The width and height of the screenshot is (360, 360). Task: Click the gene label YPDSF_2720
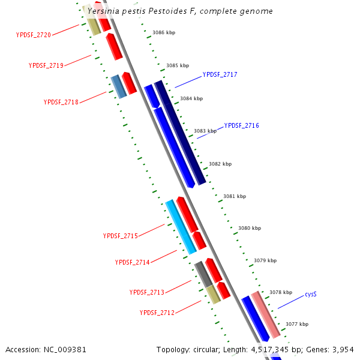pos(34,35)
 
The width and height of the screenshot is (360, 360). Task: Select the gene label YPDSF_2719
pos(46,65)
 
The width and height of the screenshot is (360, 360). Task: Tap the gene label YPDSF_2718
pos(61,102)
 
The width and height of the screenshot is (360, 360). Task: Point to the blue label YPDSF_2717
pos(220,75)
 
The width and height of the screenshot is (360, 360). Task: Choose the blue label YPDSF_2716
pos(242,126)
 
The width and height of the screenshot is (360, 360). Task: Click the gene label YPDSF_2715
pos(121,236)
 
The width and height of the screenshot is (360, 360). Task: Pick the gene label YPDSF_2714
pos(133,262)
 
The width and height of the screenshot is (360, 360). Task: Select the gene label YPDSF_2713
pos(147,292)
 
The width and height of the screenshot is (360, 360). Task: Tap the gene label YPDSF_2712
pos(157,313)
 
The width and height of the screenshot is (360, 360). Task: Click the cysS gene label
pos(310,295)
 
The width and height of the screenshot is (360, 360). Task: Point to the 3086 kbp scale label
pos(164,33)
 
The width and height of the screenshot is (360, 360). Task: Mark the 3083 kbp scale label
pos(205,131)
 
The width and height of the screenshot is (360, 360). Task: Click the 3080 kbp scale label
pos(250,228)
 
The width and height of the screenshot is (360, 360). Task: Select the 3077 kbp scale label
pos(297,324)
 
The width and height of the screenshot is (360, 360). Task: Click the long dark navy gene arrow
pos(180,132)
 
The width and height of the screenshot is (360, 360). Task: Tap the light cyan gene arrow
pos(181,226)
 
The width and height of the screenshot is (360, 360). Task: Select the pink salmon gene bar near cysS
pos(265,314)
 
